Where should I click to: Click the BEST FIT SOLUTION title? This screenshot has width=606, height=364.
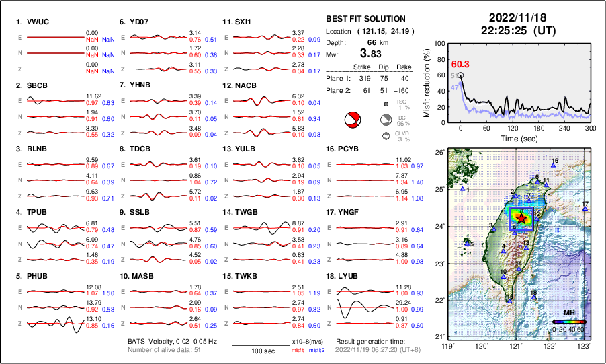[x=365, y=19]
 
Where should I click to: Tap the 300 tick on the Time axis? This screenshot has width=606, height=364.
[x=591, y=129]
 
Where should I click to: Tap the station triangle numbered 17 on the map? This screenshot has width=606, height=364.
[x=585, y=209]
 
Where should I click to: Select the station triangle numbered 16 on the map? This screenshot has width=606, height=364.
[x=553, y=166]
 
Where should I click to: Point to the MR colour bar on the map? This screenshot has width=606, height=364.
[x=568, y=322]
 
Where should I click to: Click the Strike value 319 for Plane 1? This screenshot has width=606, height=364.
[x=361, y=77]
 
